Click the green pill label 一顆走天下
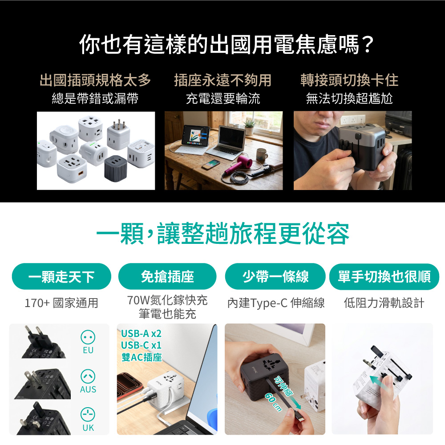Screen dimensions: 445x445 (61, 276)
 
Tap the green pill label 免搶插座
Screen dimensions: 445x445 (167, 276)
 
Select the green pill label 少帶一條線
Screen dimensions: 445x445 (275, 276)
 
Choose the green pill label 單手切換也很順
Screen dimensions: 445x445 (384, 276)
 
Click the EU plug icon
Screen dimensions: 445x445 (88, 337)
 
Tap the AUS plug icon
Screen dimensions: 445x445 (88, 376)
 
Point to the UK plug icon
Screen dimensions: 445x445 (88, 415)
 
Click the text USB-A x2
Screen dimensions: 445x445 (141, 333)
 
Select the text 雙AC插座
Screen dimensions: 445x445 (142, 357)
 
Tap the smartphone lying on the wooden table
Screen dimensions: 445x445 (211, 165)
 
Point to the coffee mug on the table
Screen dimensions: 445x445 (261, 155)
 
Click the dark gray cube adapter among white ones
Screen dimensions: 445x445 (116, 168)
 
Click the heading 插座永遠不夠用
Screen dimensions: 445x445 (223, 80)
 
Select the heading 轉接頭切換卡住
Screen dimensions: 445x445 (349, 80)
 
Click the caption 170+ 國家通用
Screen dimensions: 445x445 (61, 303)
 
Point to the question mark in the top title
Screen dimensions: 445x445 (367, 45)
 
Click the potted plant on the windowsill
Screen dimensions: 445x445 (250, 127)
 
